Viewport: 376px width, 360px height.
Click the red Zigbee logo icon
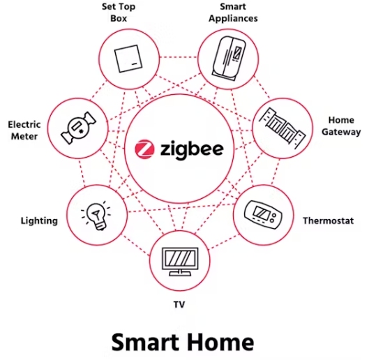144,149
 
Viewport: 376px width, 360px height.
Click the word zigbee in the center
192,149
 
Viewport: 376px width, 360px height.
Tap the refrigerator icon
229,59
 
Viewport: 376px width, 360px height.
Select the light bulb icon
96,216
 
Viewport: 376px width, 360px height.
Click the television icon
180,262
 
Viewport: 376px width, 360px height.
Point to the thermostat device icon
263,214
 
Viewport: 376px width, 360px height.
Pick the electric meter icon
78,128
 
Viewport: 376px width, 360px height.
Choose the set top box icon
128,59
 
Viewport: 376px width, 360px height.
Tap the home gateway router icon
283,128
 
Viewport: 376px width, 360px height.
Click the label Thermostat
328,220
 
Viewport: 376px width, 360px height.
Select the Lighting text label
39,220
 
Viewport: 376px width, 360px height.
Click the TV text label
179,305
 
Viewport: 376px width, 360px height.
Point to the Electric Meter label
24,130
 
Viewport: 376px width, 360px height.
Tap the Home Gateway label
341,126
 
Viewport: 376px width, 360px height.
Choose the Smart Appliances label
233,13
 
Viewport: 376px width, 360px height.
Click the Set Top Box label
119,13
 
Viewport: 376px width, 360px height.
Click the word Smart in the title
144,343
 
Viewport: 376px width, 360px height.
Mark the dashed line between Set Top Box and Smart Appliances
178,57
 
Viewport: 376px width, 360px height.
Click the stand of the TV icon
180,273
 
